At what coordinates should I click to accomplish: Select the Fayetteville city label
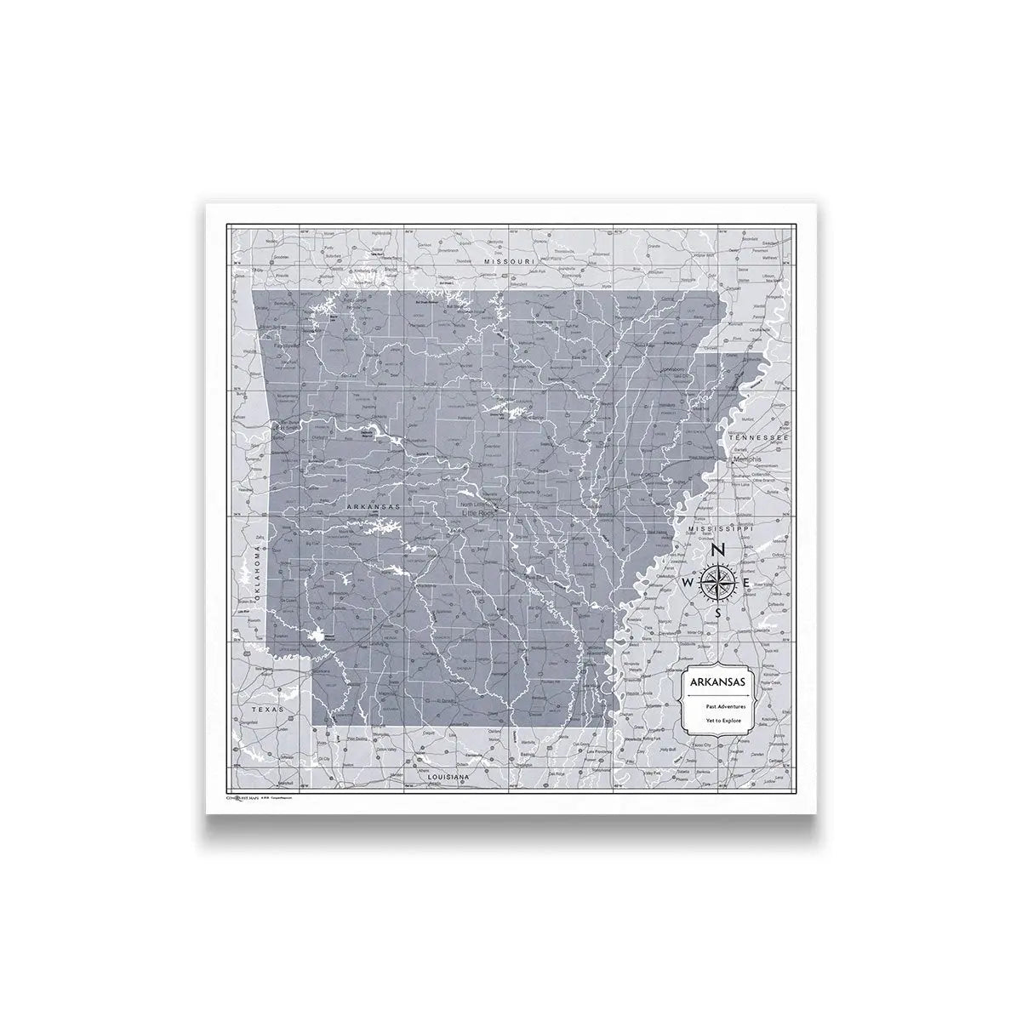coord(281,347)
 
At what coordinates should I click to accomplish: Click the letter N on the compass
coord(718,551)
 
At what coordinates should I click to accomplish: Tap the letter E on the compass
coord(747,583)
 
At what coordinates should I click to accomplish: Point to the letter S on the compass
coord(718,613)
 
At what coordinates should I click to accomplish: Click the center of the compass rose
coord(717,583)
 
